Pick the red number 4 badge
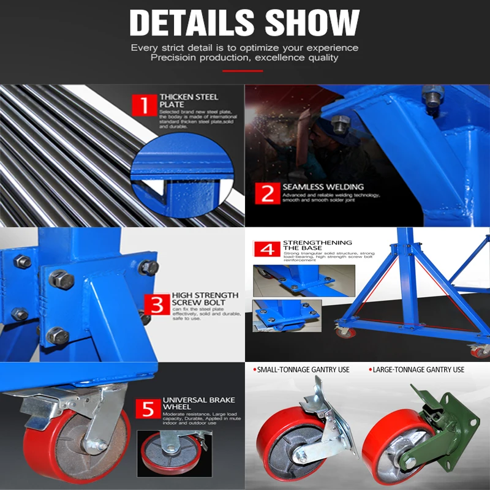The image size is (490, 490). (267, 250)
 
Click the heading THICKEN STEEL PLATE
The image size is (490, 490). (188, 100)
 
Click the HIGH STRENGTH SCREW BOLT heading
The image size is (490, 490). (198, 298)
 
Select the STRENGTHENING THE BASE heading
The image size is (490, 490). (317, 245)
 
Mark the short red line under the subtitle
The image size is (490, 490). (243, 71)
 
